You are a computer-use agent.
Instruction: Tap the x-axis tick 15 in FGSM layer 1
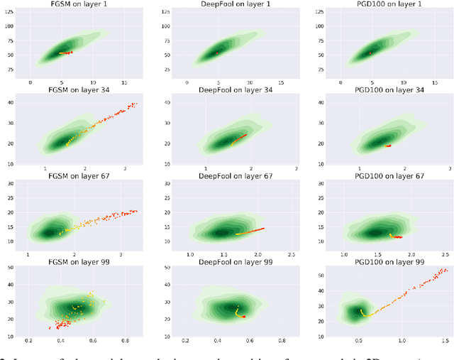coord(125,84)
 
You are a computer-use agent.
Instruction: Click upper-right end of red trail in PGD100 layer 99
coord(445,270)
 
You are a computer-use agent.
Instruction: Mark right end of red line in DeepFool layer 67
coord(264,228)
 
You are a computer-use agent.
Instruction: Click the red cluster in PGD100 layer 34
coord(388,146)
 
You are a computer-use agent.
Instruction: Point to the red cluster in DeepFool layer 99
coord(242,316)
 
